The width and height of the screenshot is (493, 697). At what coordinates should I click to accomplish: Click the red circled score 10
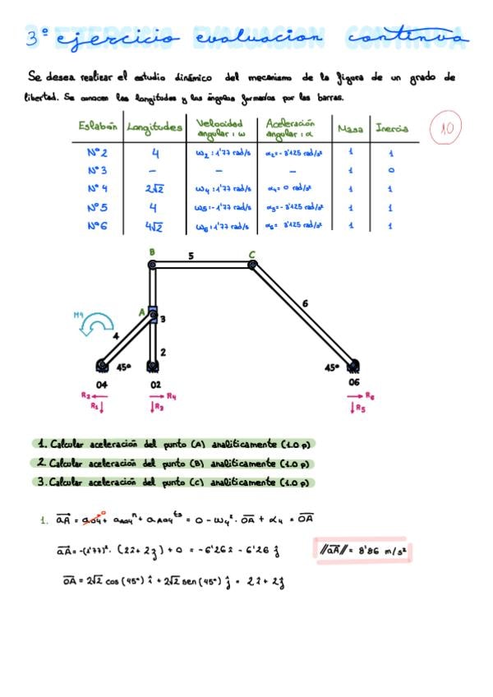(448, 127)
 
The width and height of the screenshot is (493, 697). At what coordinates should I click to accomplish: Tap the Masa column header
(350, 128)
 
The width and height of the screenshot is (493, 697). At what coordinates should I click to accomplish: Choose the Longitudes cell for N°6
(155, 226)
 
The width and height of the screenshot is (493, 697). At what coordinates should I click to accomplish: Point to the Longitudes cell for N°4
(155, 189)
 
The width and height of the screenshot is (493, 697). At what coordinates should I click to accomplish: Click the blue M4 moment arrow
(90, 327)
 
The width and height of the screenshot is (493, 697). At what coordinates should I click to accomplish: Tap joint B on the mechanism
(152, 264)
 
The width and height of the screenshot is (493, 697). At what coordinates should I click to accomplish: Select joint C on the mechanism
(252, 264)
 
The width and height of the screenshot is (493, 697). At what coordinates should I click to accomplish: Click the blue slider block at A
(152, 313)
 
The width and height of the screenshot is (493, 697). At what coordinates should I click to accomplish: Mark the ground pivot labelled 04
(101, 365)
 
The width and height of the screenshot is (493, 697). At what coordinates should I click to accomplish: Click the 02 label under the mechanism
(155, 384)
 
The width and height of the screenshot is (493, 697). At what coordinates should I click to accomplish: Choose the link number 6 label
(305, 303)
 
